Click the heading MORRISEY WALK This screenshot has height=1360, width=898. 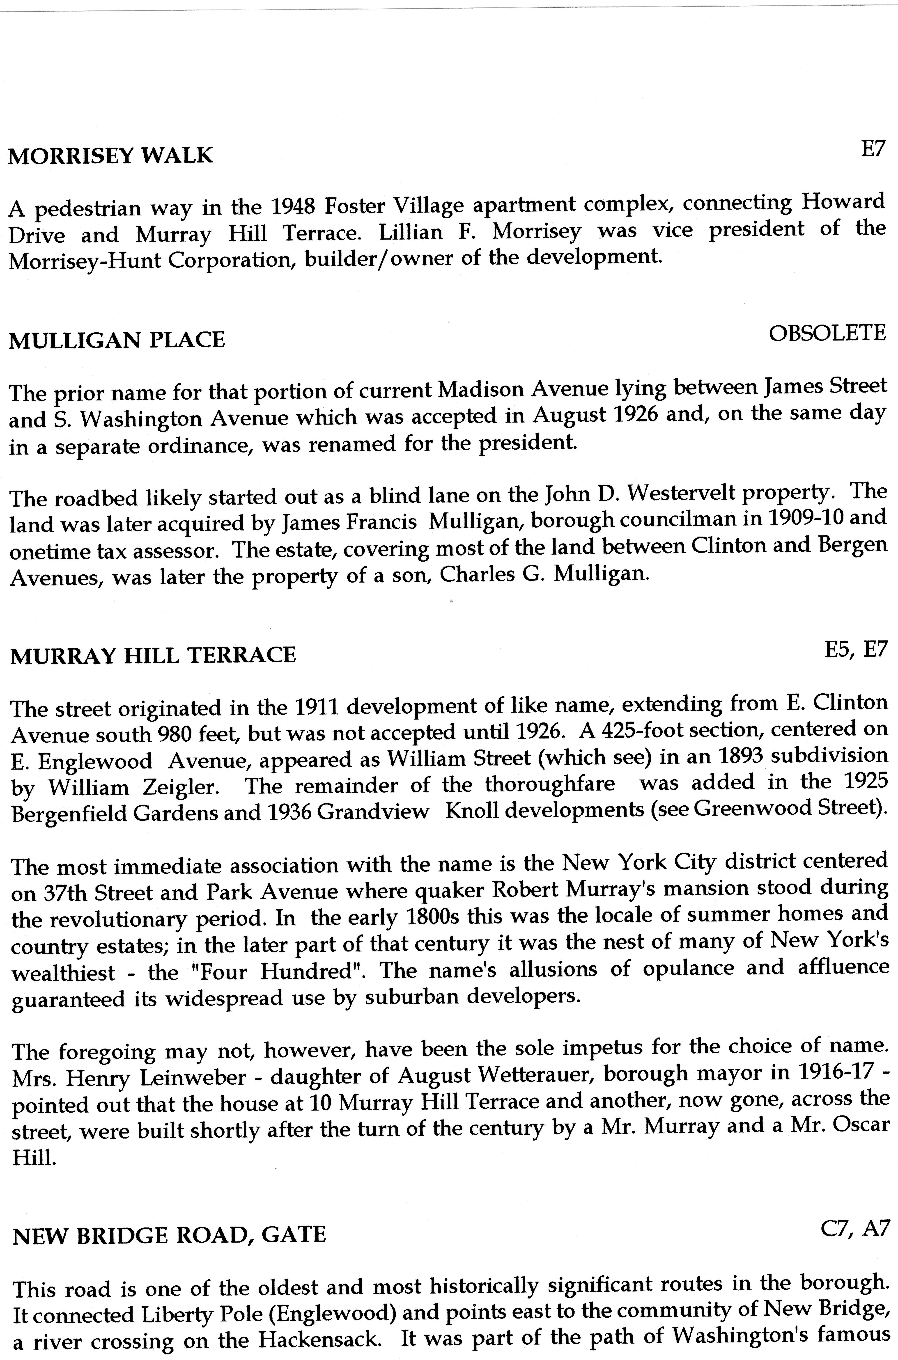click(x=110, y=156)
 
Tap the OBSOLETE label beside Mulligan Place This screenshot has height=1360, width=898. click(x=827, y=333)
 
